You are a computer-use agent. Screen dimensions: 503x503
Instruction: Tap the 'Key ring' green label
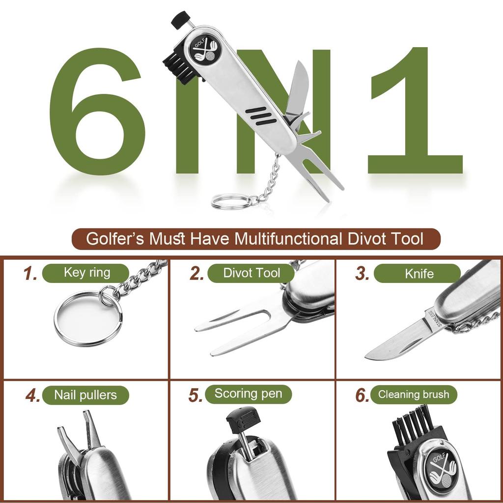86,273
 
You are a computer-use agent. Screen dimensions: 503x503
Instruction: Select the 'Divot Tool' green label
251,273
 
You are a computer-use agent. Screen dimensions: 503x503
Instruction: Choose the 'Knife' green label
418,273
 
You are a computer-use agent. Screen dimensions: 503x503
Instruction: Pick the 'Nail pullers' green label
85,395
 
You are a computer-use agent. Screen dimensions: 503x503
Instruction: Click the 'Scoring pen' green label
249,394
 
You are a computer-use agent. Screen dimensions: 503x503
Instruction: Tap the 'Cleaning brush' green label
413,394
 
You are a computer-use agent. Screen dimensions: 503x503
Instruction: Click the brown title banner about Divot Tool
255,239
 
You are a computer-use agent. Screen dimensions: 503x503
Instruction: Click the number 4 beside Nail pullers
33,395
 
